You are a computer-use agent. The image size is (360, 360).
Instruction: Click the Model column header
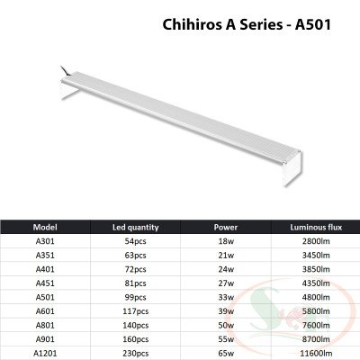pos(45,227)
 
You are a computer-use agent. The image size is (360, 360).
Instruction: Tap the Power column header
pos(226,227)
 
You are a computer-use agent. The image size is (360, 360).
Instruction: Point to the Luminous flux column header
pos(312,227)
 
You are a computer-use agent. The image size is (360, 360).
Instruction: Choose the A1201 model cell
pos(45,354)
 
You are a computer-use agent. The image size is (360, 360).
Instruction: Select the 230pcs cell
pos(133,354)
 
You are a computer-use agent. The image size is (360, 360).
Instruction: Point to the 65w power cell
pos(226,354)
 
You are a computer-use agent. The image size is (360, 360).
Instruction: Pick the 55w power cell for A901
pos(226,339)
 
